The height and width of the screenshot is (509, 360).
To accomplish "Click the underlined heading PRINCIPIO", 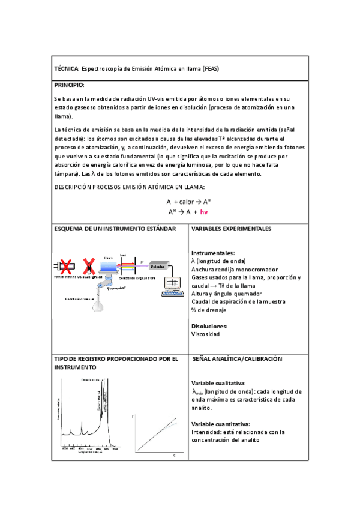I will (x=69, y=85).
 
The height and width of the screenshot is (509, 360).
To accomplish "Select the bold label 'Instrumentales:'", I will (x=212, y=253).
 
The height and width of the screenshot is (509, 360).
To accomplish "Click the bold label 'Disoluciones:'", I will (x=210, y=326).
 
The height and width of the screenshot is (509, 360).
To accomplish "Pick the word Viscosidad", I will (x=205, y=334).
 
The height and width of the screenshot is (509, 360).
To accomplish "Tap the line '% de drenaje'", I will (x=208, y=310).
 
